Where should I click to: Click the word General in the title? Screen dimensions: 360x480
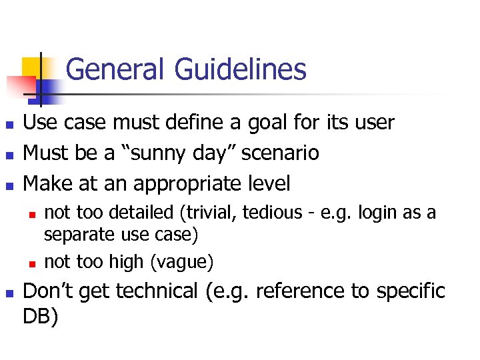117,69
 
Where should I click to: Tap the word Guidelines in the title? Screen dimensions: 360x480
241,69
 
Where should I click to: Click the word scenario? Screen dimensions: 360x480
280,153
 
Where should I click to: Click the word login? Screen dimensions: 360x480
377,213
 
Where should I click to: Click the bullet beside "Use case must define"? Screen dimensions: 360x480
8,124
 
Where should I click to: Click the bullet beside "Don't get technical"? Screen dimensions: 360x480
8,293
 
